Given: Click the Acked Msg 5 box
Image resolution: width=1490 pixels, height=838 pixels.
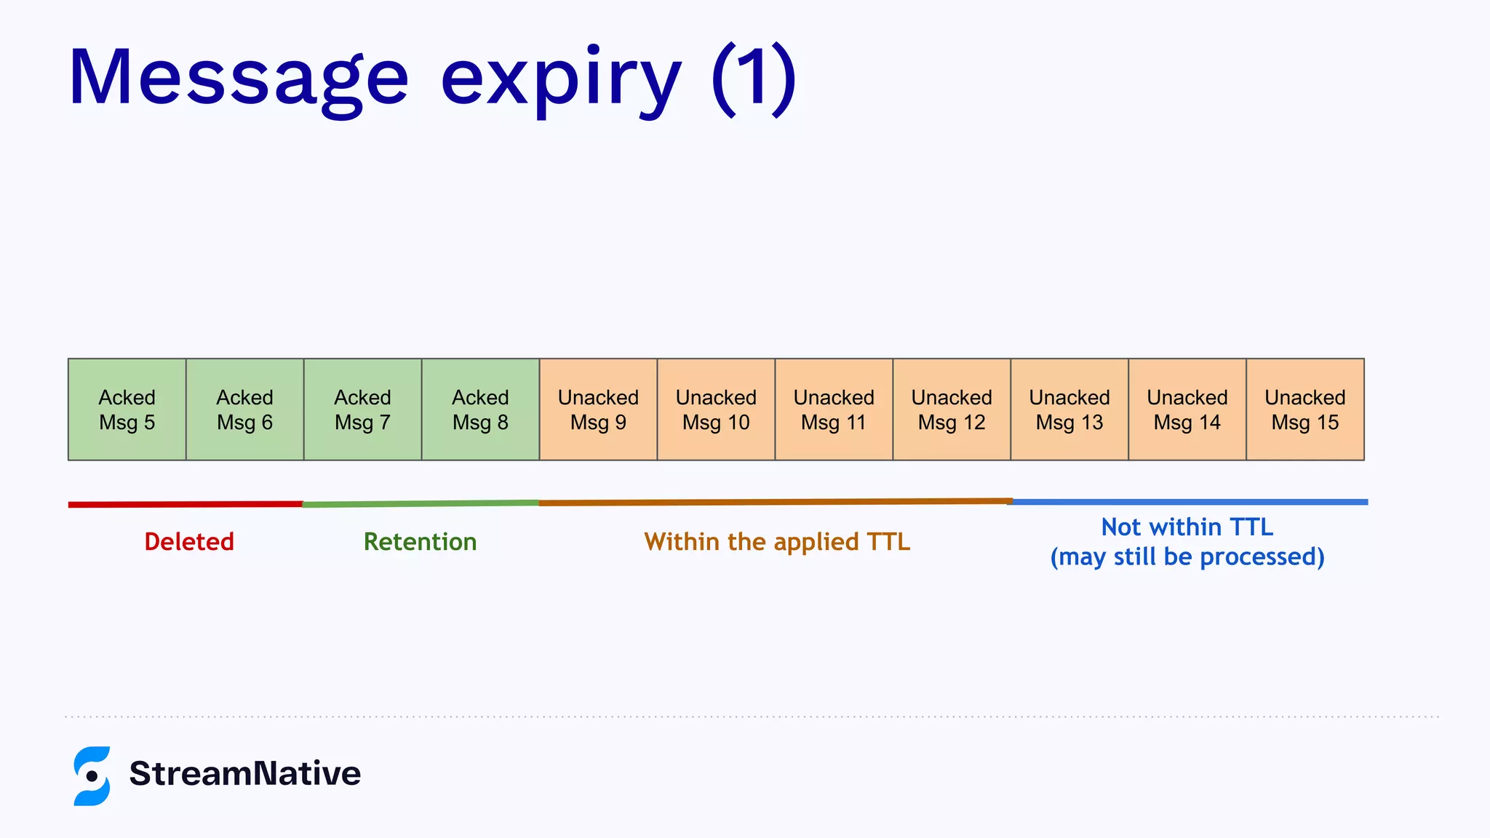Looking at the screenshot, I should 127,410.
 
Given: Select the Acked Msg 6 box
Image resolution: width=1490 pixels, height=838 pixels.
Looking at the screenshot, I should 245,410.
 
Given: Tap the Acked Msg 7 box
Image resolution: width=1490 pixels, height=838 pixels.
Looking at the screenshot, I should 363,410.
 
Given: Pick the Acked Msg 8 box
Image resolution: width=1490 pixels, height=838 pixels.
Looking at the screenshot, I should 481,410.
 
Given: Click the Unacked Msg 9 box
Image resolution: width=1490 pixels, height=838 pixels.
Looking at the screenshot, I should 599,410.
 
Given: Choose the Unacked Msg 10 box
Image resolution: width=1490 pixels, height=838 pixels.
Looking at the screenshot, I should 717,410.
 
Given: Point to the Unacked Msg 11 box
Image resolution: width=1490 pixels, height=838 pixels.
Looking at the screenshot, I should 834,410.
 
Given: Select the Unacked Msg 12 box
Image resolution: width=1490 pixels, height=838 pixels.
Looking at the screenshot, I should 952,410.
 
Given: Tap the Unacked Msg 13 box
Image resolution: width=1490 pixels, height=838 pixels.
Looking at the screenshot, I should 1070,410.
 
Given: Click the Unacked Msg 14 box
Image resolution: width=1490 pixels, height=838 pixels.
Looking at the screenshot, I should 1188,410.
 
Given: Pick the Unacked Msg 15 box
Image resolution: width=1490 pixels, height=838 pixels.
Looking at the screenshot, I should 1306,410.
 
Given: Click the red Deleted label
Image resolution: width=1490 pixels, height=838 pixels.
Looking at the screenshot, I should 189,542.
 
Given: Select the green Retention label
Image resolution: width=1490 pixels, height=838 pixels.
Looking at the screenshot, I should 421,542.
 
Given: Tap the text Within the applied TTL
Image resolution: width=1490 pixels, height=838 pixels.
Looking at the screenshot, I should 777,542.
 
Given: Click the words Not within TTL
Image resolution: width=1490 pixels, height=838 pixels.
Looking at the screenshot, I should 1187,527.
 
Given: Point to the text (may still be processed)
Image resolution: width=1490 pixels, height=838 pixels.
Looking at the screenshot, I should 1187,557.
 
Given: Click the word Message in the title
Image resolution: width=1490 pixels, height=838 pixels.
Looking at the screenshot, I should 239,79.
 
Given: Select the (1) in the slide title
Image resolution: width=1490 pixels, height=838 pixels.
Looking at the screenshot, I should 754,79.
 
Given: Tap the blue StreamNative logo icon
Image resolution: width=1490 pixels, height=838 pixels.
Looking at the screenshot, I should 92,775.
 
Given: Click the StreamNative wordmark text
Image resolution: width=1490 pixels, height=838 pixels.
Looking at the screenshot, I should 245,773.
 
